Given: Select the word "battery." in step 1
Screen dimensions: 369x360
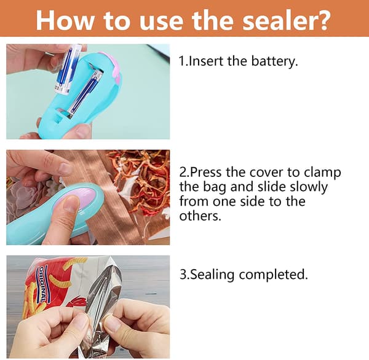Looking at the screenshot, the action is pos(275,61).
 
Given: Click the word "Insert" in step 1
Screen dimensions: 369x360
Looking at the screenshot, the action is pos(206,61).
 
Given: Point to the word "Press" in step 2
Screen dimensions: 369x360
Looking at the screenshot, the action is pos(205,172).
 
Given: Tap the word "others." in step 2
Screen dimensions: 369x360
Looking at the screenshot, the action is pos(200,216).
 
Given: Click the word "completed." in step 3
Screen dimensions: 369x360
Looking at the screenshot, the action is pos(274,275).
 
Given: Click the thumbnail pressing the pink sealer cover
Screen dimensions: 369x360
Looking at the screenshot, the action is pos(71,203).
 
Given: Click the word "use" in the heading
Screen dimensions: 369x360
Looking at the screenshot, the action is pos(161,22).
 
